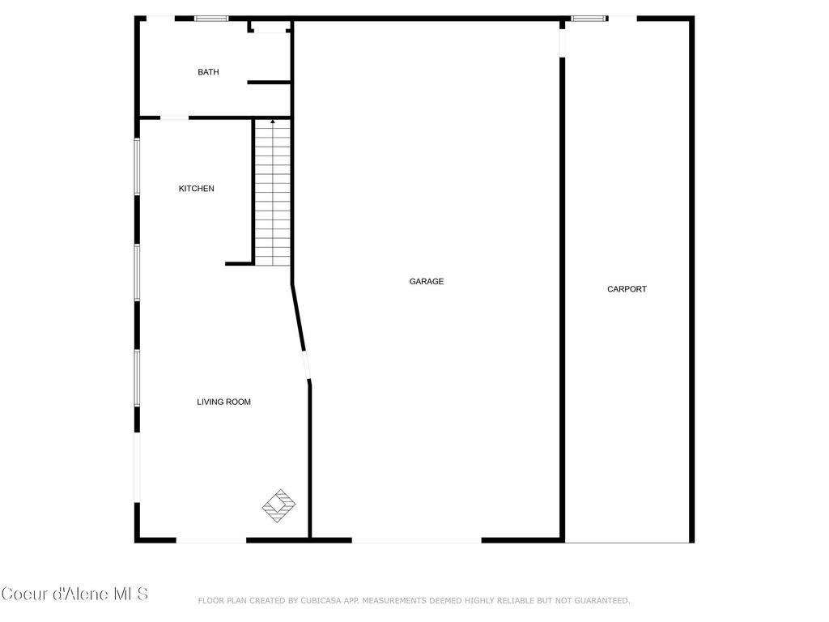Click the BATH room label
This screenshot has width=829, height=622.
point(208,72)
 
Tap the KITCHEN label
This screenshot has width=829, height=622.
point(197,189)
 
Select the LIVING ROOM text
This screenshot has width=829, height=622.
point(224,402)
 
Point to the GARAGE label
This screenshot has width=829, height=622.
point(427,282)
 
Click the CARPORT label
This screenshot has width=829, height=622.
point(627,289)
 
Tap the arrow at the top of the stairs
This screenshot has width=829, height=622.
point(273,122)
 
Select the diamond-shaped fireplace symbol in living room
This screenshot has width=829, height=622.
point(278,505)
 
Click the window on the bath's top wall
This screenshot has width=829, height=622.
point(212,18)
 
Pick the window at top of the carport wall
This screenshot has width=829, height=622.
point(589,18)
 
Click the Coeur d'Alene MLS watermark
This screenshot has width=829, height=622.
point(74,594)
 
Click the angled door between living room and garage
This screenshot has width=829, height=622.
point(306,365)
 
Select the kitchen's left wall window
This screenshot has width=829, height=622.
point(138,166)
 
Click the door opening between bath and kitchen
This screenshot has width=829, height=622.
point(173,117)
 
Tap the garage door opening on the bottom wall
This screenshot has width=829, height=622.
point(417,540)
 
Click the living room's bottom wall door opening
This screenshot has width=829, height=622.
point(211,540)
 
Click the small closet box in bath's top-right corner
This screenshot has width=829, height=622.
point(270,27)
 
